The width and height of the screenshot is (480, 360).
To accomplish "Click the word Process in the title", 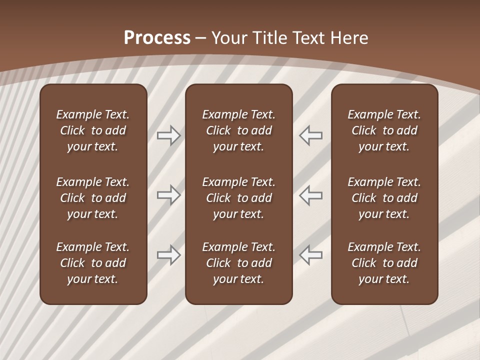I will [157, 38].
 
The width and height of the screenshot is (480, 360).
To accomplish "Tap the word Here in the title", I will [351, 38].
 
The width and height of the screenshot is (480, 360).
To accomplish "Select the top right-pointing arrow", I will [168, 135].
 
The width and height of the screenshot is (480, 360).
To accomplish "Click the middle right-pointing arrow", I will [168, 195].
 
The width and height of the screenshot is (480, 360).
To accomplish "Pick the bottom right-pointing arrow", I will [168, 255].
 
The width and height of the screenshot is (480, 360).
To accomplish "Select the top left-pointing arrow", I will [310, 135].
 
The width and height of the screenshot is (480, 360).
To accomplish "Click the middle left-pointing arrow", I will [310, 195].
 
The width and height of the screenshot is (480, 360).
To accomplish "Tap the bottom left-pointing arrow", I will [310, 255].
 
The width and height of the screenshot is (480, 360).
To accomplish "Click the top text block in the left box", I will [93, 130].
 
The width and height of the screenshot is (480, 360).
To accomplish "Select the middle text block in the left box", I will [93, 198].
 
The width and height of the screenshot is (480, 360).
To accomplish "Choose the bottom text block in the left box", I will [93, 263].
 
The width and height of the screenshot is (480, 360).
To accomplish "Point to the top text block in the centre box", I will [238, 130].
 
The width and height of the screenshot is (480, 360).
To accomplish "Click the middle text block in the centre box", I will [238, 198].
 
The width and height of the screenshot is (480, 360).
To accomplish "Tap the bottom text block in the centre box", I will [238, 263].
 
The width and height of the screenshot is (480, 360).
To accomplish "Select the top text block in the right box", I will [384, 130].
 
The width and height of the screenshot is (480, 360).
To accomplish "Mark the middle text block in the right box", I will [384, 198].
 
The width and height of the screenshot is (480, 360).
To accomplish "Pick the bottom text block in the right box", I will [384, 263].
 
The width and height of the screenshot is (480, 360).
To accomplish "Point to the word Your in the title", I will [229, 38].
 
